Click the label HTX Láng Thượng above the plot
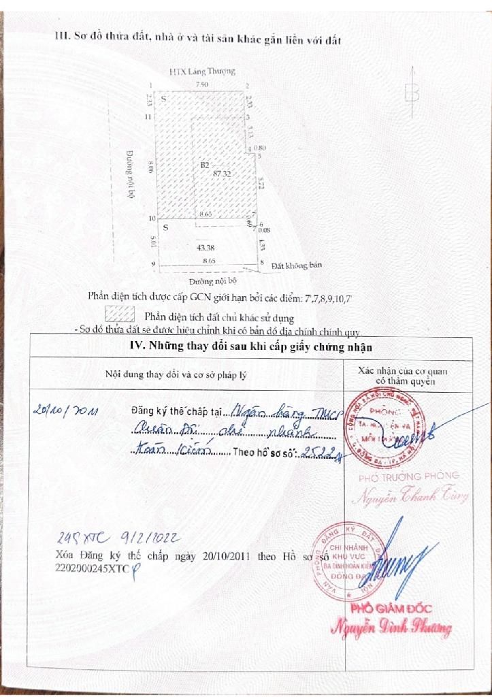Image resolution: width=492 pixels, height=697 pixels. click(x=202, y=71)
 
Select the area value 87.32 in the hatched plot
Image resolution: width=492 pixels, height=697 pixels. click(x=222, y=174)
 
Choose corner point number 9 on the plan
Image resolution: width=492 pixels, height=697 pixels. click(x=153, y=263)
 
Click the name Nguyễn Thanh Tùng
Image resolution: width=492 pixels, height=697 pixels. click(x=412, y=496)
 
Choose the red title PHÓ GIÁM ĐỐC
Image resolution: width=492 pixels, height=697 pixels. click(x=391, y=608)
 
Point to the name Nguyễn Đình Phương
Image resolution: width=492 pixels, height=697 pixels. click(x=391, y=628)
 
